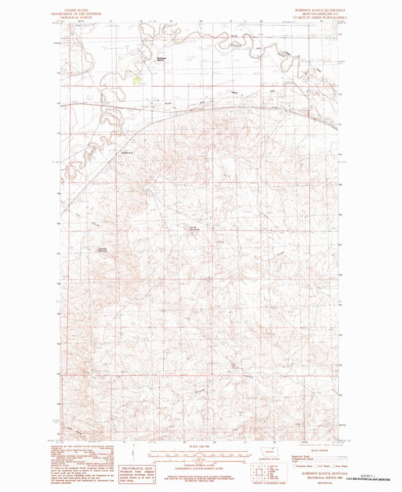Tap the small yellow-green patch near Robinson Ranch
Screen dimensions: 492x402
(137, 78)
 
